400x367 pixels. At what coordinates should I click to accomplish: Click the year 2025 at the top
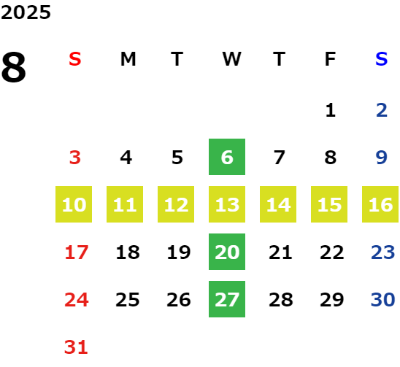(26, 12)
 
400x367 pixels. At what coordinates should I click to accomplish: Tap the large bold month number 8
(14, 67)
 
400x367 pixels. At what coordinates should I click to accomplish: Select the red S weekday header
(75, 59)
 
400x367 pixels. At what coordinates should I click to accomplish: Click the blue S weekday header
(382, 59)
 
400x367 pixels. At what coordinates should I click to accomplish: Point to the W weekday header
(231, 59)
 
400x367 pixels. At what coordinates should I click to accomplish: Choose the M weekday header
(128, 59)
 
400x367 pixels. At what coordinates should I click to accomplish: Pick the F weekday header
(331, 59)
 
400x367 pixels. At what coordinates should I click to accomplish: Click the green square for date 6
(227, 157)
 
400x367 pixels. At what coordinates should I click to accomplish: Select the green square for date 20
(227, 252)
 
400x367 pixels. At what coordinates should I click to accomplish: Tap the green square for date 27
(227, 299)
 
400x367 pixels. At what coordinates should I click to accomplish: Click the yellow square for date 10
(74, 204)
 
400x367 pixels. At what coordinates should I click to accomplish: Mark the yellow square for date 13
(227, 204)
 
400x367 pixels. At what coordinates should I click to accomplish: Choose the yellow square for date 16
(380, 204)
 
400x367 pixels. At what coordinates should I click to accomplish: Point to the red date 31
(76, 347)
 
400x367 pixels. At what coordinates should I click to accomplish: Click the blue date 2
(382, 110)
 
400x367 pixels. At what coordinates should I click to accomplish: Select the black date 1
(331, 110)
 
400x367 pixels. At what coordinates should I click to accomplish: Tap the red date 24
(77, 300)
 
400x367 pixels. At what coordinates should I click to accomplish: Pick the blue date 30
(383, 300)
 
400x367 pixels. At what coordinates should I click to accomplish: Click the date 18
(128, 252)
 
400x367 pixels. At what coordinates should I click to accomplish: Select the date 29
(332, 300)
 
